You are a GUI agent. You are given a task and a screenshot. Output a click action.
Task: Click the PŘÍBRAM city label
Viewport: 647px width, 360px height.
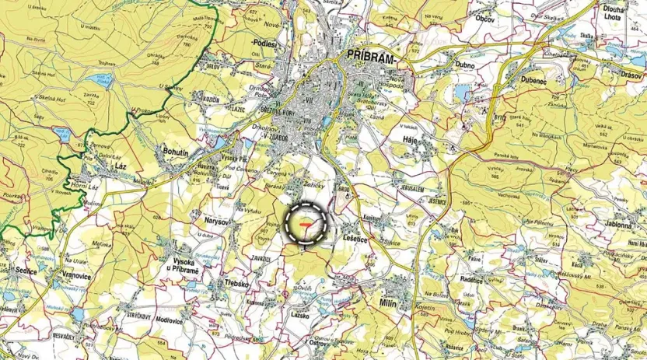point(370,58)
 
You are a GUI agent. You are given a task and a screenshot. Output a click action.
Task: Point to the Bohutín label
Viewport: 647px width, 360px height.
point(176,152)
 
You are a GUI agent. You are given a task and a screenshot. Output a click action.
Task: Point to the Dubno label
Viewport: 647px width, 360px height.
point(467,66)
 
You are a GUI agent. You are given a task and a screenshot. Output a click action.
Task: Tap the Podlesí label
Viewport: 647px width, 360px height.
point(265,44)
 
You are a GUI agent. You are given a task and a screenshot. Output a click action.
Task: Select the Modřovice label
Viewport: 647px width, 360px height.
point(170,321)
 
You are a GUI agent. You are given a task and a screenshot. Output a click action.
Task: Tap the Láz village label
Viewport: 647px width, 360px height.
point(121,166)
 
